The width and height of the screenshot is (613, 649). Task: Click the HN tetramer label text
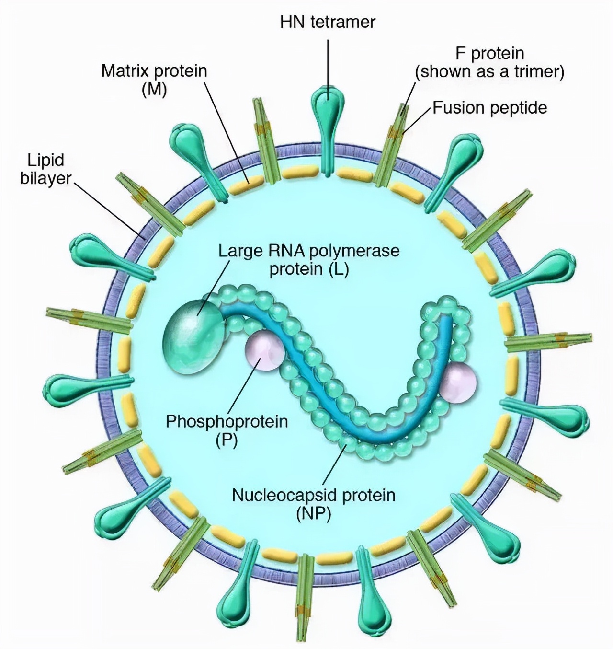[x=328, y=22]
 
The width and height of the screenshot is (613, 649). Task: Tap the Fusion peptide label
[x=489, y=108]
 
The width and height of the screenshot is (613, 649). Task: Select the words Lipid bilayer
[x=45, y=169]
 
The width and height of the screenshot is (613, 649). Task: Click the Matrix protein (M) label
[x=154, y=80]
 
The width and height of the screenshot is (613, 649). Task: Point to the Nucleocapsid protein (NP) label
[x=314, y=504]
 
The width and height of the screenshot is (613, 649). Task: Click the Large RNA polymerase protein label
[x=309, y=259]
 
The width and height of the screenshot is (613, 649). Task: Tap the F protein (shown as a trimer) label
[x=489, y=62]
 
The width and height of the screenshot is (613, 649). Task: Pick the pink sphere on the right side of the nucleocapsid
[x=459, y=382]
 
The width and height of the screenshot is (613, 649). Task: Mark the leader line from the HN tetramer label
[x=328, y=62]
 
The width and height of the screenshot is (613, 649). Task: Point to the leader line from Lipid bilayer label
[x=108, y=209]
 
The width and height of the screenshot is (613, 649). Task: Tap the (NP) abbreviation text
[x=314, y=513]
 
